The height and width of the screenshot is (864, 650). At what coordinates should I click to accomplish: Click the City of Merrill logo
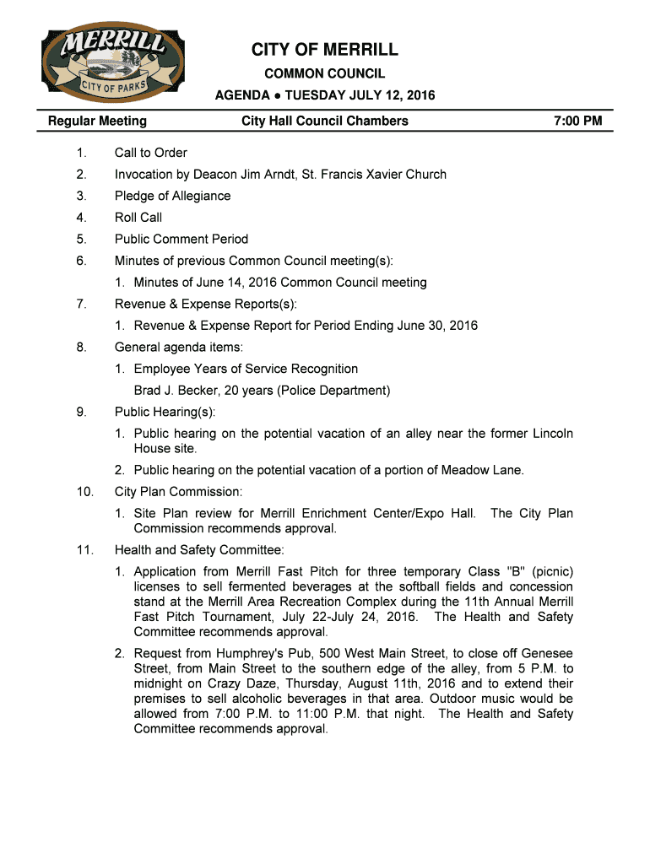click(x=114, y=64)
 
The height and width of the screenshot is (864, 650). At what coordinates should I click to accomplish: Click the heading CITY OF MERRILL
click(x=325, y=51)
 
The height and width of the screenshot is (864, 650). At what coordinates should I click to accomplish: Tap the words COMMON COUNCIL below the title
click(x=325, y=74)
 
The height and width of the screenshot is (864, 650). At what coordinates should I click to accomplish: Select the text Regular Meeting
click(x=97, y=121)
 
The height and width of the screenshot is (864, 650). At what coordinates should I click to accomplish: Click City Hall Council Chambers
click(x=325, y=121)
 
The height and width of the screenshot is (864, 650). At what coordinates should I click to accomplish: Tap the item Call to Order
click(x=151, y=153)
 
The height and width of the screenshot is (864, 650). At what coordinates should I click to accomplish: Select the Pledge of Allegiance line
click(x=172, y=196)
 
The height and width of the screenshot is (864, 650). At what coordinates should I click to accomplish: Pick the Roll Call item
click(x=138, y=218)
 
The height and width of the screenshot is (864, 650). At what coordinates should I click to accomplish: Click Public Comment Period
click(x=181, y=239)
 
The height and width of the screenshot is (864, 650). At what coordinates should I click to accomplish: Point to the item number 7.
click(x=81, y=304)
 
